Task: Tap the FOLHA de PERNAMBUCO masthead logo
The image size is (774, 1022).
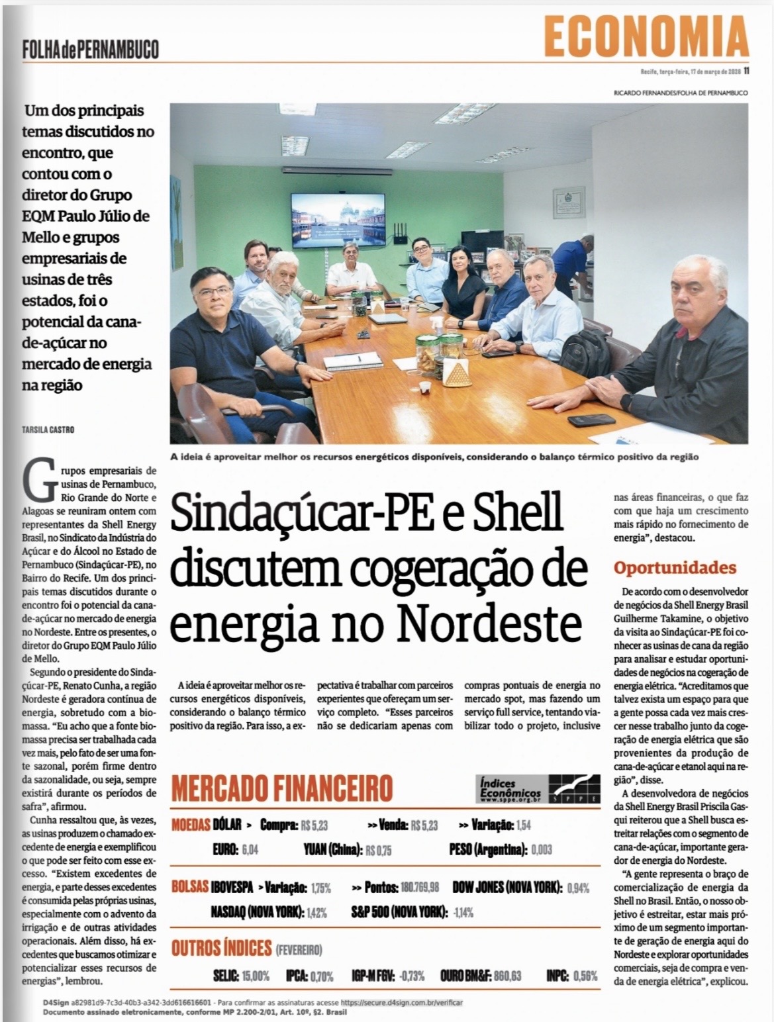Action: pos(90,48)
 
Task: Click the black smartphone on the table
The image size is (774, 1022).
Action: pos(591,420)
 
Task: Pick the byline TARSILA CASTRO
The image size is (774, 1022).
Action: pos(48,430)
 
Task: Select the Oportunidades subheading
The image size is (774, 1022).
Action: pos(675,567)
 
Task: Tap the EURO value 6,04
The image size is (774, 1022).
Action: pos(250,849)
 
